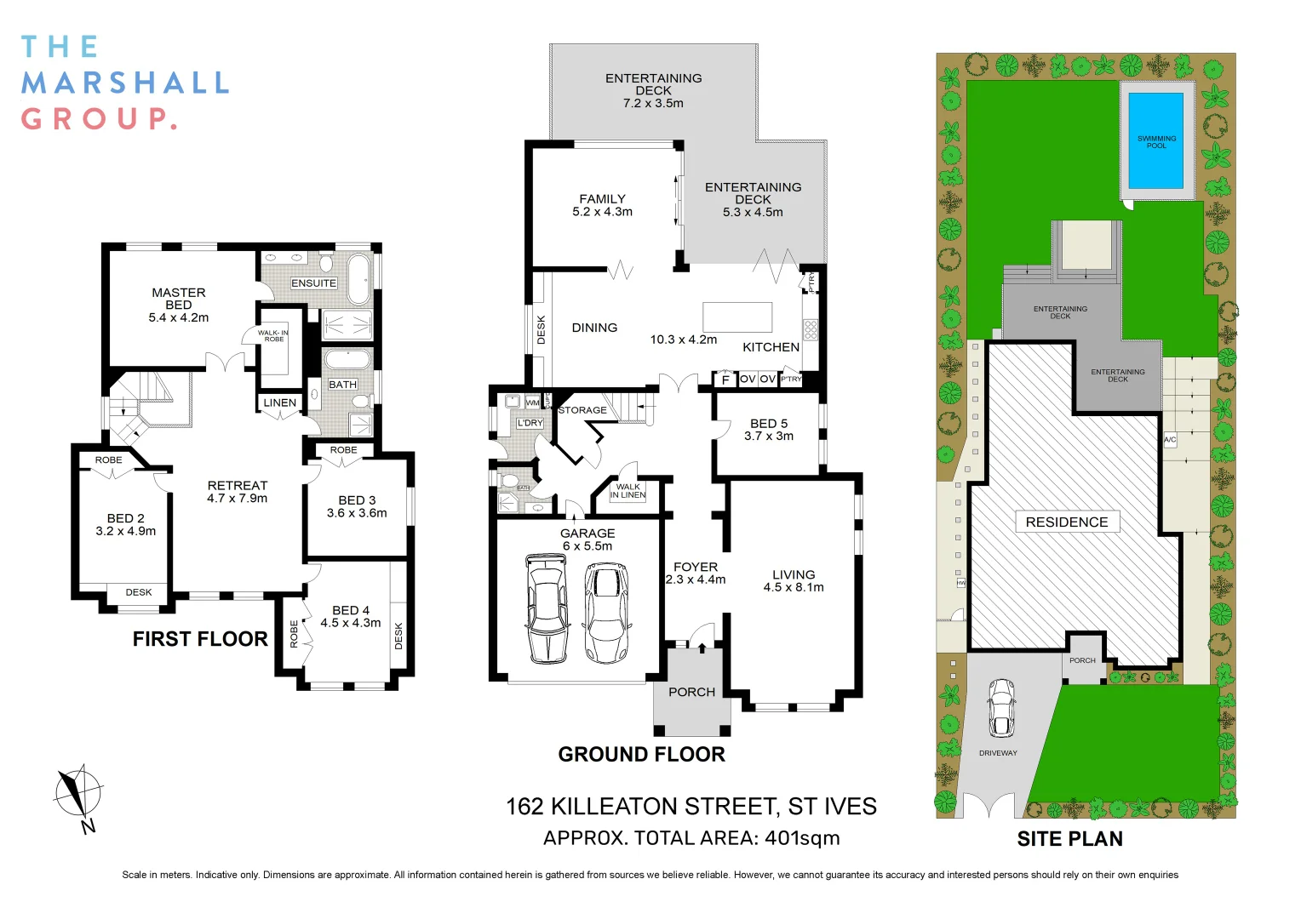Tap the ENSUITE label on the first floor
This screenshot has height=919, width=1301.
click(x=313, y=283)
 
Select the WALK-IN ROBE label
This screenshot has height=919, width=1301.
click(x=273, y=336)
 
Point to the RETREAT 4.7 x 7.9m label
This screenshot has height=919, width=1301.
click(x=237, y=492)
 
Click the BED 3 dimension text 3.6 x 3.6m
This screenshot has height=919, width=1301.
click(x=357, y=513)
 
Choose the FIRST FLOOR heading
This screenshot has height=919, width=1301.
click(x=200, y=639)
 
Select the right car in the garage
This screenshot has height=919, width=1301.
click(x=606, y=613)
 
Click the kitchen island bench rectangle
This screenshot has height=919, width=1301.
click(x=736, y=317)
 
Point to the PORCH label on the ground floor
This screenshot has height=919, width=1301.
click(x=691, y=692)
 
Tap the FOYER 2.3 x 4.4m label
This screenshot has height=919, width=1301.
click(x=696, y=573)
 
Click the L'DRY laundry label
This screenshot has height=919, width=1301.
click(x=530, y=423)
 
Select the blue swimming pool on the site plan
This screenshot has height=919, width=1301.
click(x=1155, y=141)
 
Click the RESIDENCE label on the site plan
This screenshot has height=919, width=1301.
click(x=1067, y=522)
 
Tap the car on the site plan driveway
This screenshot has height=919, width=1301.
click(x=1001, y=708)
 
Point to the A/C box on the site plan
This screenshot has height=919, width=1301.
click(x=1170, y=440)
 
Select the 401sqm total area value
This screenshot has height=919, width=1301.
click(x=802, y=838)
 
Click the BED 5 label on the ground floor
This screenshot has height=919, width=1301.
click(x=768, y=423)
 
